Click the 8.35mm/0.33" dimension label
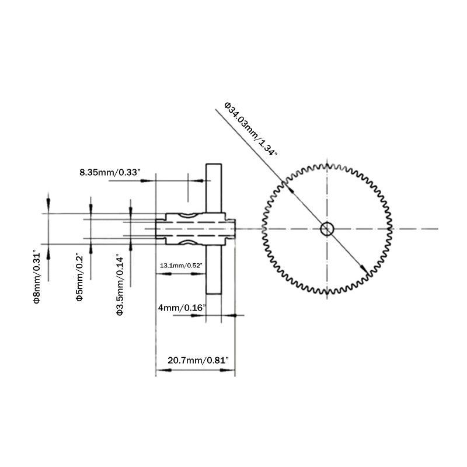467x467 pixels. point(110,172)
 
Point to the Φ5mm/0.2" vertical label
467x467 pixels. point(79,278)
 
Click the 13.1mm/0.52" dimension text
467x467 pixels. point(181,266)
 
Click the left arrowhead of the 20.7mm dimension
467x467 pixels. point(159,371)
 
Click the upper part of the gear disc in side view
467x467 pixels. point(214,187)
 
